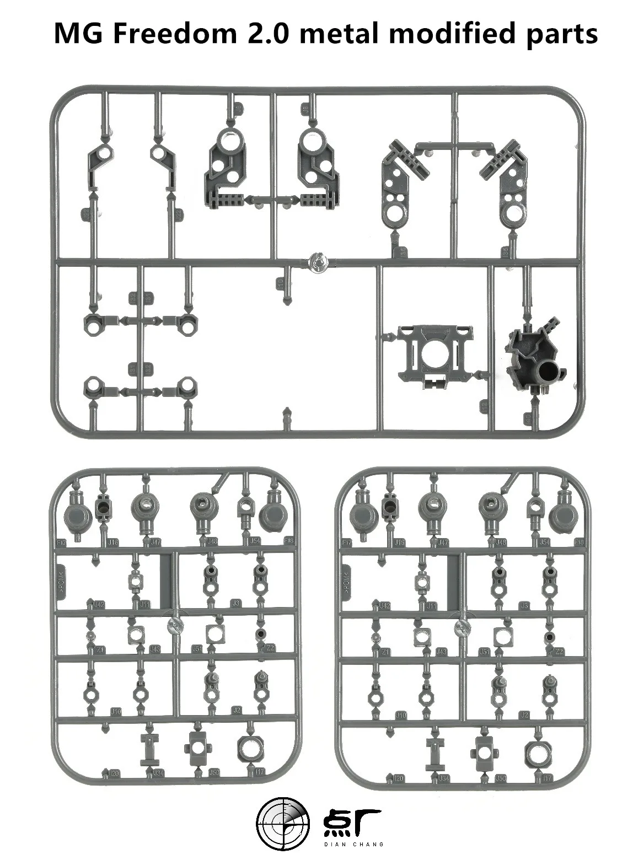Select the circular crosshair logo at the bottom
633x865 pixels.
(x=283, y=825)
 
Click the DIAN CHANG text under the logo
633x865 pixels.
(x=352, y=843)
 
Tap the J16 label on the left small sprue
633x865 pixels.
(x=112, y=542)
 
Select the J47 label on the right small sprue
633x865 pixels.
(x=443, y=542)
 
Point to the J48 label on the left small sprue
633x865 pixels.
(x=211, y=542)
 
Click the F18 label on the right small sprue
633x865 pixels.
(x=579, y=542)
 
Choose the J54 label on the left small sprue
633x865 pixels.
(x=255, y=541)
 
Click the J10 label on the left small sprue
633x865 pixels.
(x=116, y=711)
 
